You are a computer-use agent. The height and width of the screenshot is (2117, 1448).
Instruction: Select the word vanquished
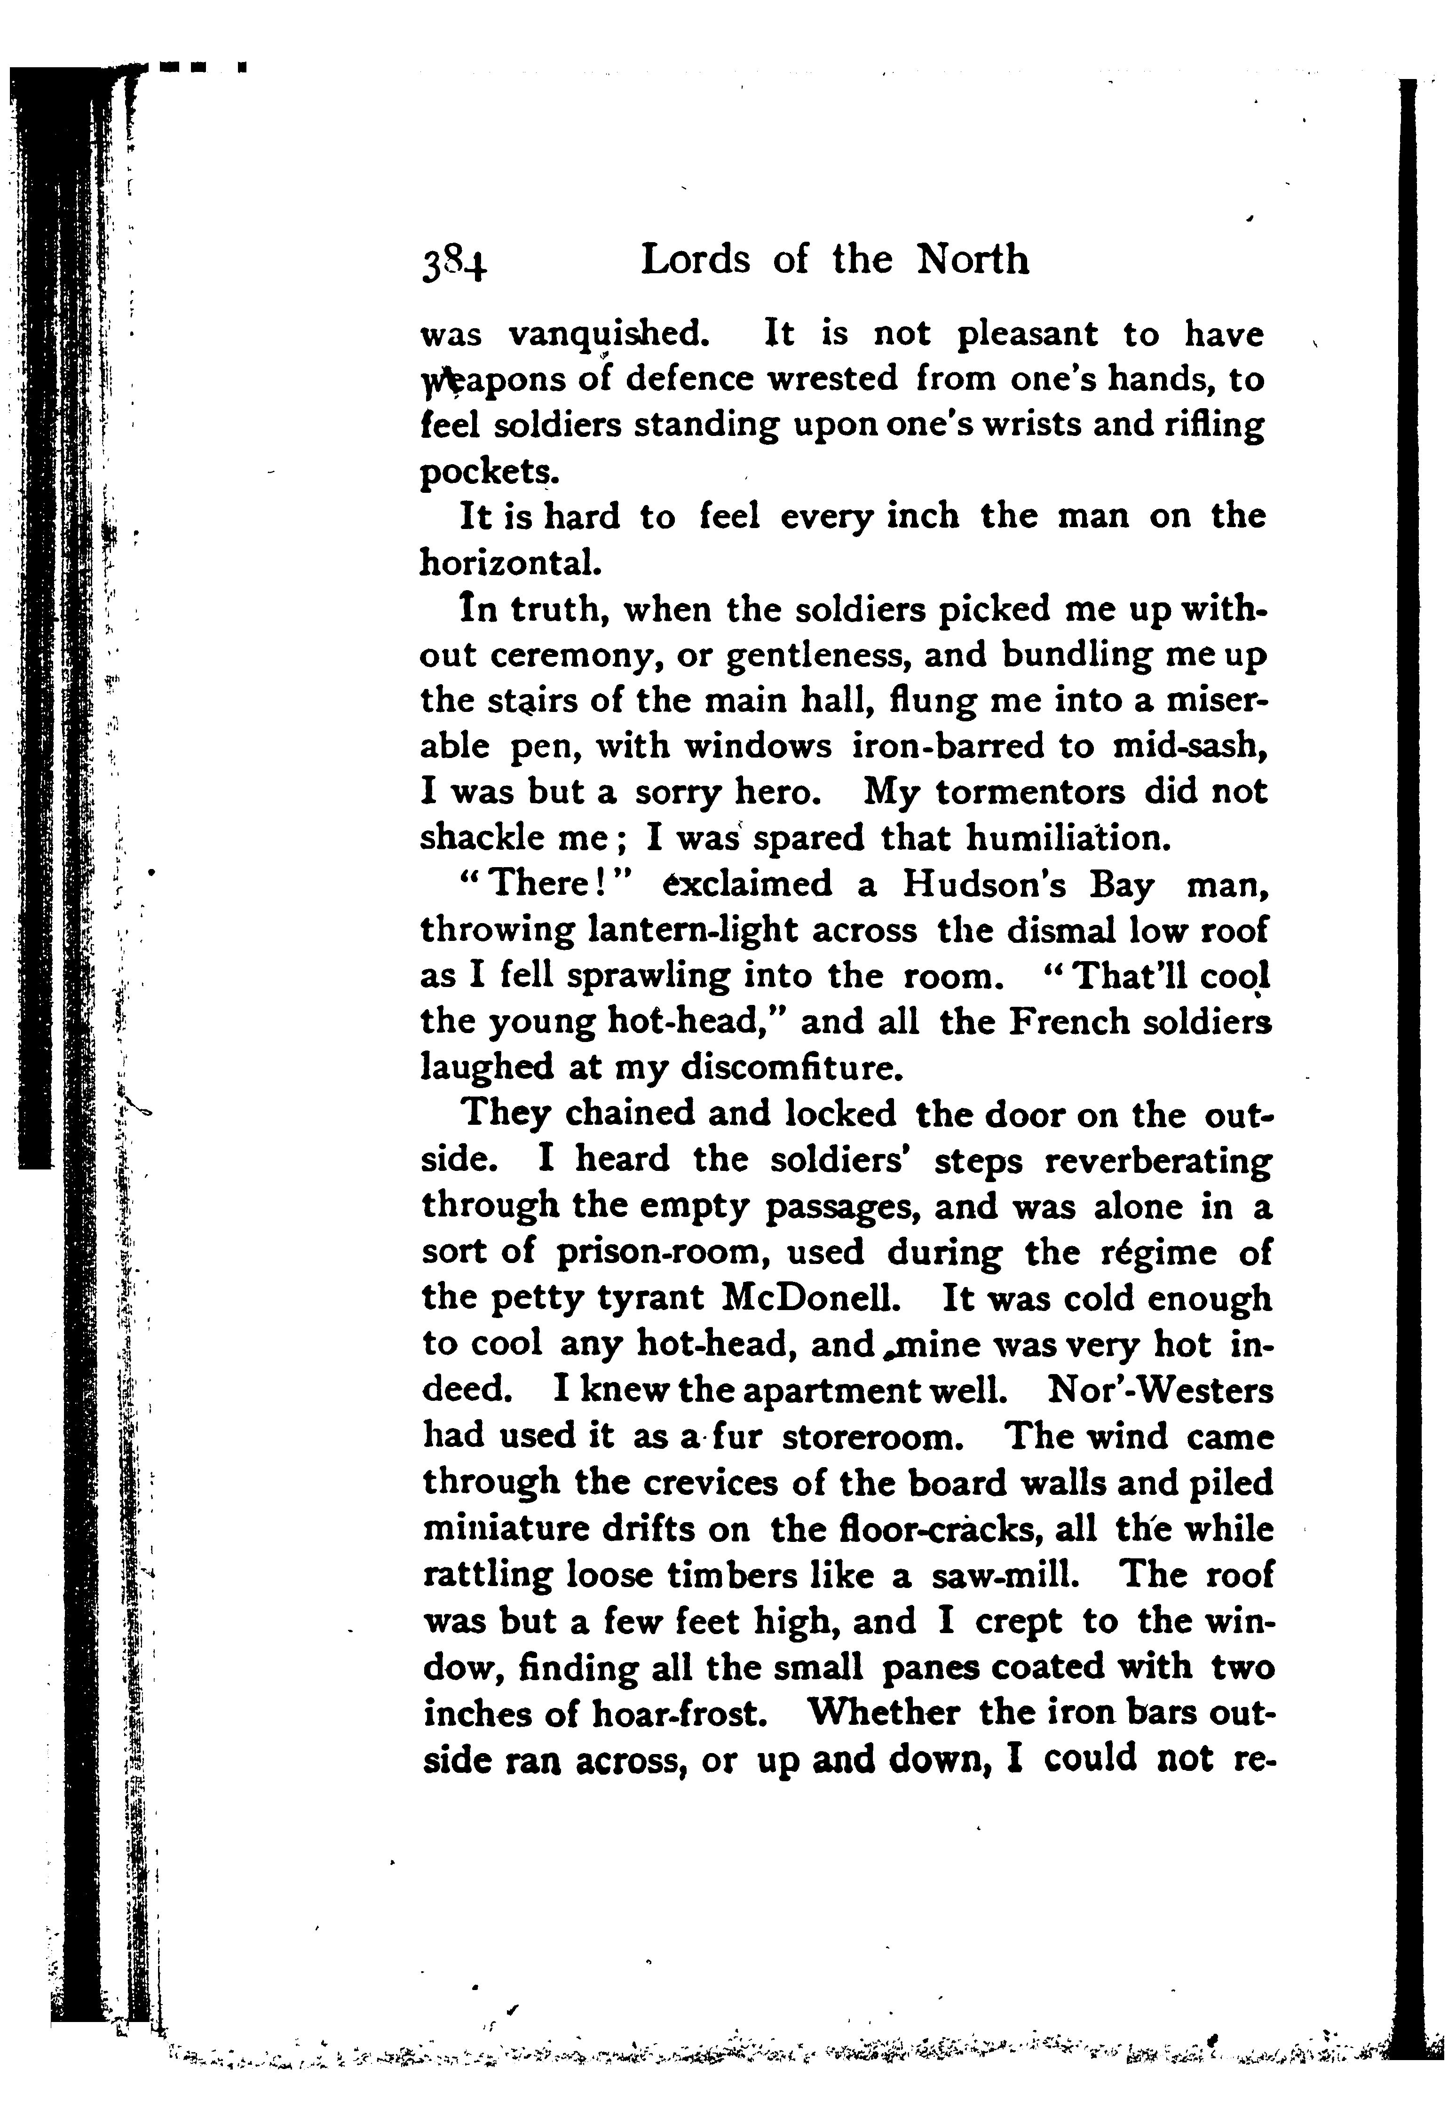(x=608, y=335)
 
